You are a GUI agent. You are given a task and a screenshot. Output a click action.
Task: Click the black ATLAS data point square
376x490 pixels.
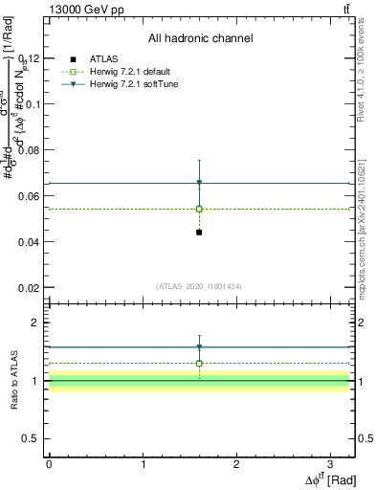click(x=199, y=233)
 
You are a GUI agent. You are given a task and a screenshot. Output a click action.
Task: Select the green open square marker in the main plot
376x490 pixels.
click(x=199, y=209)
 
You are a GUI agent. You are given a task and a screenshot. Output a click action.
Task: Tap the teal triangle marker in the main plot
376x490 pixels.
click(x=199, y=183)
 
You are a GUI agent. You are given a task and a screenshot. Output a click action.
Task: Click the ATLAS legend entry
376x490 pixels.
click(x=103, y=59)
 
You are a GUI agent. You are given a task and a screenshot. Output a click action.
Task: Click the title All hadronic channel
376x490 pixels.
click(x=200, y=39)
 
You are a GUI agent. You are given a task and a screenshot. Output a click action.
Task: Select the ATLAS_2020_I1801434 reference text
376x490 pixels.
click(x=199, y=287)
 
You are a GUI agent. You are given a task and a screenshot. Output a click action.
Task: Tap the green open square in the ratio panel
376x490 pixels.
click(x=199, y=364)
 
